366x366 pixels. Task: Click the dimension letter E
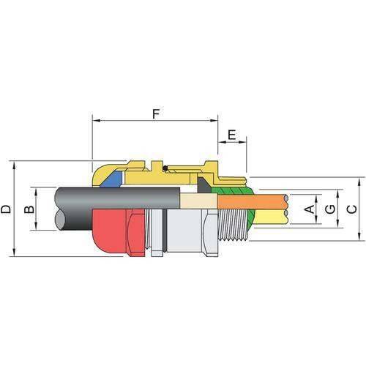click(232, 135)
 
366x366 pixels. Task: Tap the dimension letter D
click(6, 209)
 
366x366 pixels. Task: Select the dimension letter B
click(29, 209)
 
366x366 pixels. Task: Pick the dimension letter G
click(330, 209)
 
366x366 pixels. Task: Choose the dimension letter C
click(351, 209)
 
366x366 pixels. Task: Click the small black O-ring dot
click(166, 170)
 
